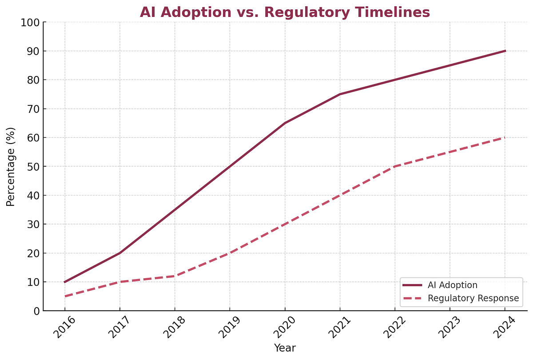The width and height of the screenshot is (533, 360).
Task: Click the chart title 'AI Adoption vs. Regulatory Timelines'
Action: (285, 12)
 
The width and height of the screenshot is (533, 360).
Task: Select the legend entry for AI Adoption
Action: (452, 285)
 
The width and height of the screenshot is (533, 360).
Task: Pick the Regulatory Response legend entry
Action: (473, 298)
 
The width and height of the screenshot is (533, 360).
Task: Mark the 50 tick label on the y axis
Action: (33, 167)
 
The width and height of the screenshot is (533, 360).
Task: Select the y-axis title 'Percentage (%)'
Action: (11, 167)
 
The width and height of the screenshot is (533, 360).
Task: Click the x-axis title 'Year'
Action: (285, 348)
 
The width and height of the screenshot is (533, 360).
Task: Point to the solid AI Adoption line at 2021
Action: (340, 94)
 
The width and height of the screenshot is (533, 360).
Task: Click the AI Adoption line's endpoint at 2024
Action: (505, 51)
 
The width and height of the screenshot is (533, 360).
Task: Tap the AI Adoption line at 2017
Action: (119, 253)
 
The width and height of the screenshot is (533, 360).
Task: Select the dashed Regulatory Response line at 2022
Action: (395, 166)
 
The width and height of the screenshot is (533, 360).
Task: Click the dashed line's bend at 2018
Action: (175, 276)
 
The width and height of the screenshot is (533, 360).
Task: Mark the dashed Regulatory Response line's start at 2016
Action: (65, 296)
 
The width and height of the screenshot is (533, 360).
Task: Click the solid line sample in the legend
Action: (412, 285)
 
